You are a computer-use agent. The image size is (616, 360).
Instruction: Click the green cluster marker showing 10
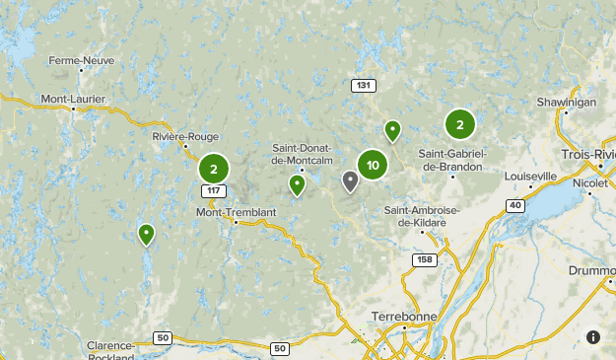click(373, 166)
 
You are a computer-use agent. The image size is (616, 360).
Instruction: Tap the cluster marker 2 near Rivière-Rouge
click(213, 169)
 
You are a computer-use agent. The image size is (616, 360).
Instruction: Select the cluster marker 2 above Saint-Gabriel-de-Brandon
click(459, 124)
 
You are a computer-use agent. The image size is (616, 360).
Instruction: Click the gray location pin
click(350, 180)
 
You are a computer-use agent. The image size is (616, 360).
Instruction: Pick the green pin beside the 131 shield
click(392, 130)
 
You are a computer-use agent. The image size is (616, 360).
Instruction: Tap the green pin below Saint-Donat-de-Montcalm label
click(297, 184)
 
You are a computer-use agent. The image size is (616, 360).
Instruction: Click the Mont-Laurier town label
click(72, 99)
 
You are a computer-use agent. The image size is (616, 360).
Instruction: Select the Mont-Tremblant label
click(236, 212)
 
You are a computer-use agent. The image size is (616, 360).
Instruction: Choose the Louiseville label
click(530, 176)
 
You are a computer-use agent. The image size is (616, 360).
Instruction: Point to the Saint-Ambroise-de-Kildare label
click(416, 216)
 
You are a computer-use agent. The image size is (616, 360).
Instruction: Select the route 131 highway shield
click(364, 86)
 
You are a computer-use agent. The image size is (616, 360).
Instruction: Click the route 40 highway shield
click(515, 204)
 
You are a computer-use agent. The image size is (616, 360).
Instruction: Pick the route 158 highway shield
click(424, 259)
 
